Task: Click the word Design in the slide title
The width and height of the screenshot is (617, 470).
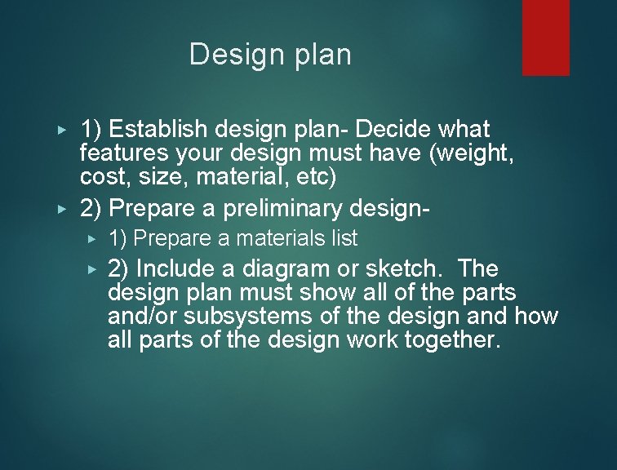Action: tap(225, 55)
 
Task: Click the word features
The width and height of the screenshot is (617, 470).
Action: tap(113, 152)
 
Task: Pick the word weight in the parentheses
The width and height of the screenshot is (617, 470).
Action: tap(477, 152)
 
